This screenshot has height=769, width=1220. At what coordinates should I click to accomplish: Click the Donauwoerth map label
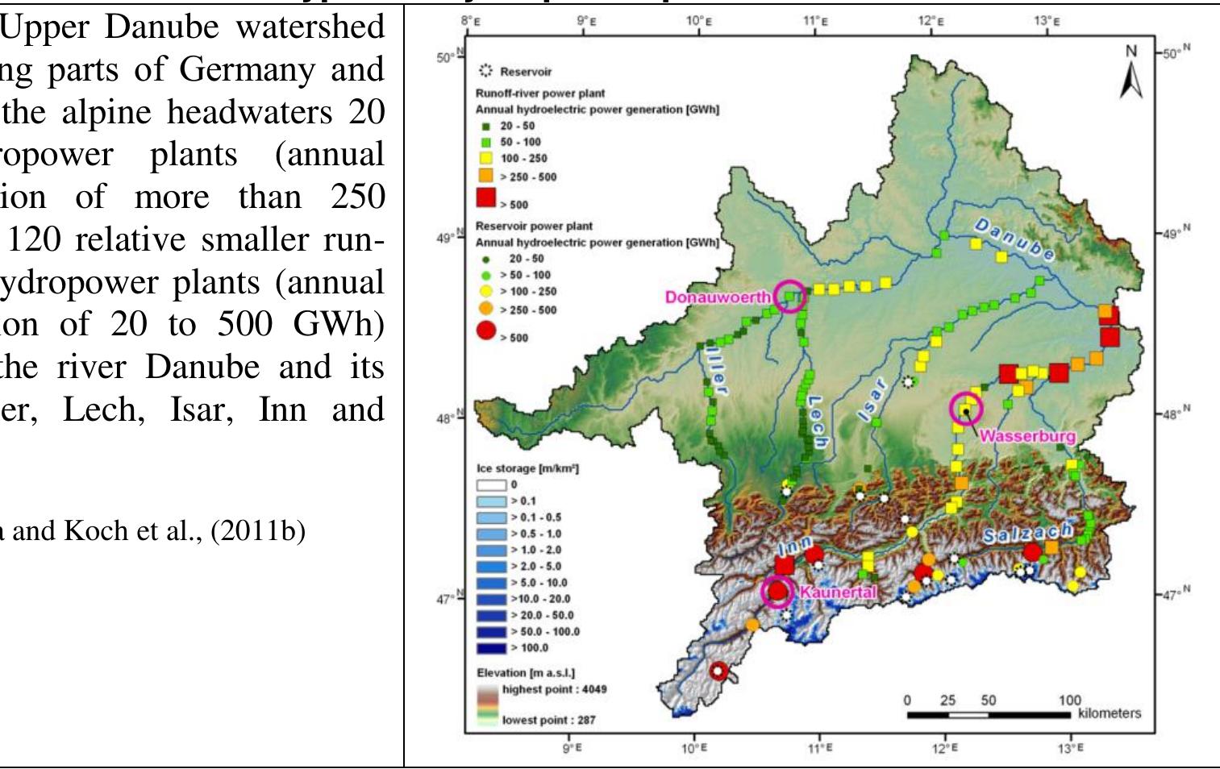click(x=718, y=297)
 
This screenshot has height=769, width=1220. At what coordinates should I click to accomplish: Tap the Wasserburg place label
click(x=1027, y=436)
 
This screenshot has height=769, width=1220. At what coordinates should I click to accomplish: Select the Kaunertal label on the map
click(x=837, y=592)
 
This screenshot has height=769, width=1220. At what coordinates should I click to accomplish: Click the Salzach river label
click(x=1027, y=532)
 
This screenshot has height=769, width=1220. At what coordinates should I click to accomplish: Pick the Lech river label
click(x=815, y=424)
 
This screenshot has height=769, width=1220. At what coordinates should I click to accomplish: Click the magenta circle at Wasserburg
click(x=966, y=409)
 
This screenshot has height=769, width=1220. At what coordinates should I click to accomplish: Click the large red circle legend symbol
click(x=486, y=330)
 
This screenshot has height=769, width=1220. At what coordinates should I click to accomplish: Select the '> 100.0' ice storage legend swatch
click(x=493, y=647)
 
